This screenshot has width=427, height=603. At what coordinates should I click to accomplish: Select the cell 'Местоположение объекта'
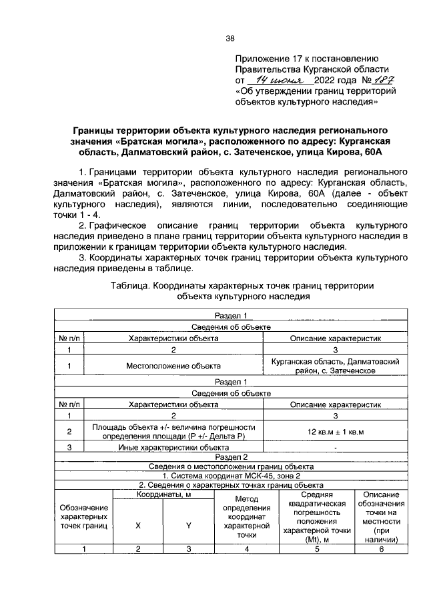(x=173, y=365)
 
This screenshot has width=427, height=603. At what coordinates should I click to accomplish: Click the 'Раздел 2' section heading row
(x=231, y=457)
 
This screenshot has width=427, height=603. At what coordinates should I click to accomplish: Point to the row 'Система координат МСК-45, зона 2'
(x=231, y=476)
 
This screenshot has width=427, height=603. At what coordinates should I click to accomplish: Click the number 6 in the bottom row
(x=381, y=549)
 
